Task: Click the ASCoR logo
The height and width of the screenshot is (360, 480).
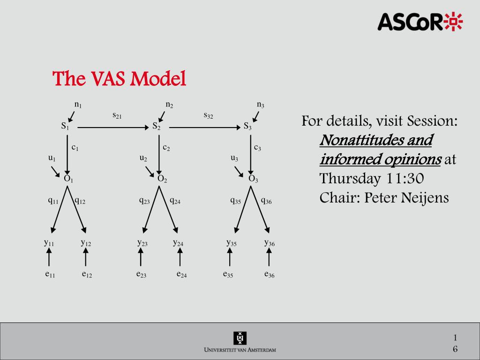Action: [x=420, y=22]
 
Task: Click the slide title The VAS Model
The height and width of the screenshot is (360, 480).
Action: [x=120, y=79]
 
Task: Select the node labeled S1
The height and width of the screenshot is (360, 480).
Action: [x=65, y=126]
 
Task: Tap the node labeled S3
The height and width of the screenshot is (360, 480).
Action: [x=248, y=126]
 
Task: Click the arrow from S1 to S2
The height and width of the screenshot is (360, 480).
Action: [x=112, y=127]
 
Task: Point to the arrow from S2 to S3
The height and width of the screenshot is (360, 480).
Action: [x=204, y=127]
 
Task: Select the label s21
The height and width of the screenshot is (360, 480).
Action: [x=117, y=115]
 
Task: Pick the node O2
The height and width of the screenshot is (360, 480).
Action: [x=162, y=179]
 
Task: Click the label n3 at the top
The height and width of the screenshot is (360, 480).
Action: [x=260, y=105]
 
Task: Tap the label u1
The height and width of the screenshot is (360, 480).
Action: [x=52, y=158]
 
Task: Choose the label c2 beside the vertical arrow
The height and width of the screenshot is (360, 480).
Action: [x=166, y=148]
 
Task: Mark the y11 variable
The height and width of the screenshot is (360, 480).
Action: [x=49, y=243]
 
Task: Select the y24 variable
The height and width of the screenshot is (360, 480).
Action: [x=178, y=243]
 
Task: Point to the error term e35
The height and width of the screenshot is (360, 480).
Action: [x=228, y=274]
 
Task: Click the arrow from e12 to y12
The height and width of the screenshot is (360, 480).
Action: [x=86, y=258]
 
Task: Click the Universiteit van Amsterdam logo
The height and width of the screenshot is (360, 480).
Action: [x=240, y=342]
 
